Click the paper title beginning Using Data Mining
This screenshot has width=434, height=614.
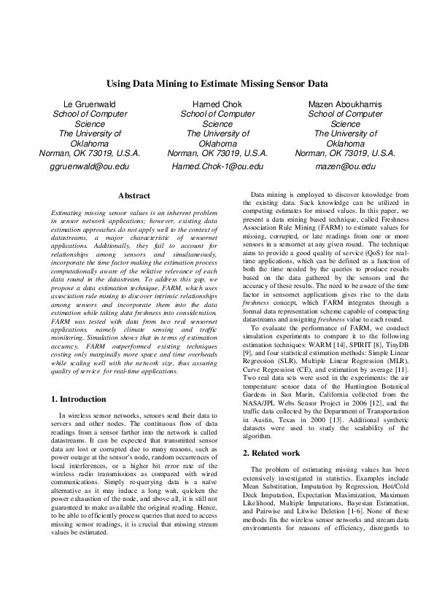click(x=217, y=84)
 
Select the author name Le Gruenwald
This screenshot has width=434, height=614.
click(x=89, y=105)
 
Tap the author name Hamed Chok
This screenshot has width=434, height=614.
click(x=217, y=105)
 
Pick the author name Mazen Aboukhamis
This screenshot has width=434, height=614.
click(x=345, y=105)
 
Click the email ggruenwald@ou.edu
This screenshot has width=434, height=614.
click(x=89, y=166)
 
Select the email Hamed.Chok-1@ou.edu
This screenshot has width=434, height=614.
click(x=217, y=166)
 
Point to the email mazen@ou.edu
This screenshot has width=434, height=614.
click(x=345, y=166)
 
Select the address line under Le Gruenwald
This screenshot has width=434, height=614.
click(x=89, y=154)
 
